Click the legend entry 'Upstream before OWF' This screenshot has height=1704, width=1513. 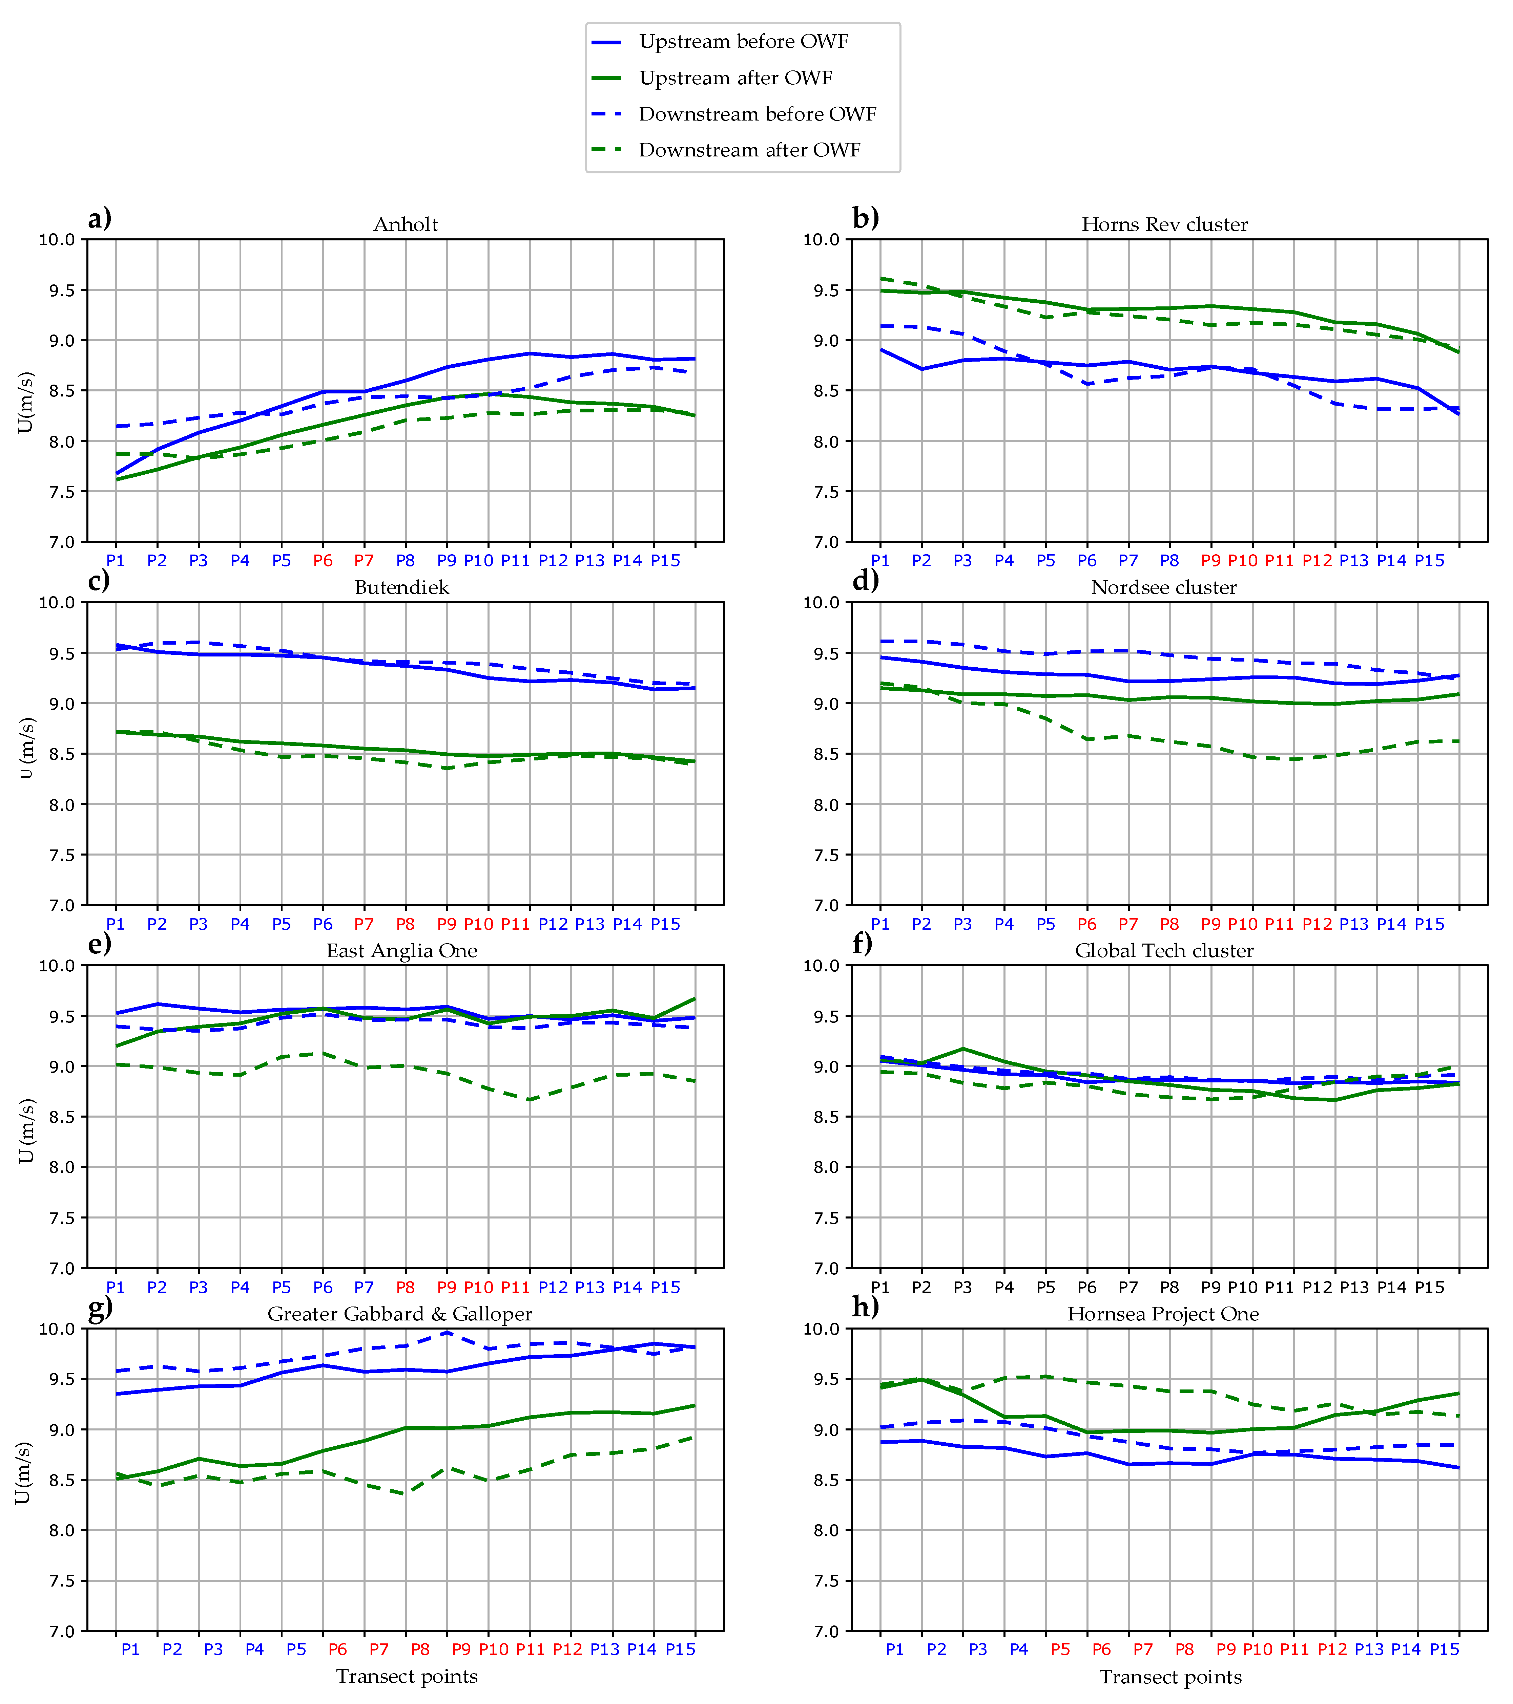742,42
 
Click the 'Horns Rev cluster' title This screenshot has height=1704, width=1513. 1164,224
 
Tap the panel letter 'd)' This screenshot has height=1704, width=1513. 865,580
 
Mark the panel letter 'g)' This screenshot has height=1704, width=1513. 100,1307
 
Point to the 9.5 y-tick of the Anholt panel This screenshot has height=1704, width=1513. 57,290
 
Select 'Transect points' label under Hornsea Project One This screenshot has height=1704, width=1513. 1170,1677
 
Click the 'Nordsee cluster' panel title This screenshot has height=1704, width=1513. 1163,588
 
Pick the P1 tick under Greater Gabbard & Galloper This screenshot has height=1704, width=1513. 130,1650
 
